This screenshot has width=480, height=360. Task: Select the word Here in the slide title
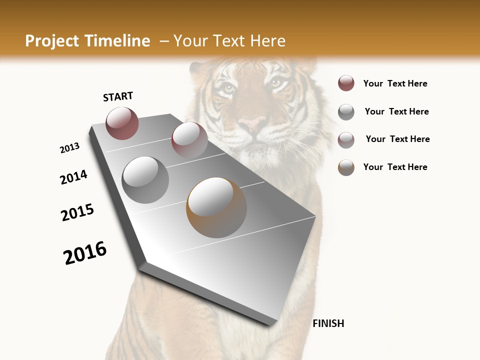click(x=267, y=41)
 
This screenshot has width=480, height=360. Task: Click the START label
click(x=118, y=96)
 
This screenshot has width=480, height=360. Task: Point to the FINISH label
click(x=328, y=323)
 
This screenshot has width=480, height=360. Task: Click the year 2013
click(x=70, y=148)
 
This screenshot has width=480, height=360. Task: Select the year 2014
click(x=74, y=177)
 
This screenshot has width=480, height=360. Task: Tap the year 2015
click(x=77, y=212)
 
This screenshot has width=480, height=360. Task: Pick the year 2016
click(x=85, y=252)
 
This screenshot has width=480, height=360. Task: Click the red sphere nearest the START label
click(x=122, y=123)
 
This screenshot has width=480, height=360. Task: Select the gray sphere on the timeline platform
click(x=145, y=179)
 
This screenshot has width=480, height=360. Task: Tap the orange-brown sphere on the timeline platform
click(x=216, y=207)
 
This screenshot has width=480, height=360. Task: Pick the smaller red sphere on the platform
click(x=189, y=140)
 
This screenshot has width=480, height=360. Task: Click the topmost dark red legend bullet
click(x=346, y=83)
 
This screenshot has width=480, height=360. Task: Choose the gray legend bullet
click(x=346, y=112)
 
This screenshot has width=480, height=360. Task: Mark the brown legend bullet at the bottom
click(x=346, y=167)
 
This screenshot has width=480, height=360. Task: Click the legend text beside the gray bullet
click(x=396, y=111)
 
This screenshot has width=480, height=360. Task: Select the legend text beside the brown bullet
click(x=395, y=167)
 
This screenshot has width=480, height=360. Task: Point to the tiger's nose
click(x=252, y=122)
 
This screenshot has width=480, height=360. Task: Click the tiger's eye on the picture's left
click(x=228, y=89)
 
